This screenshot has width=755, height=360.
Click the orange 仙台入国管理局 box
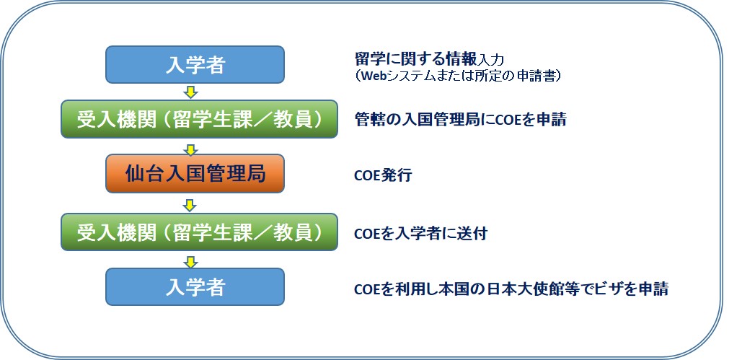tap(195, 173)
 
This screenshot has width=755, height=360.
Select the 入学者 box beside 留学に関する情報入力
tap(195, 65)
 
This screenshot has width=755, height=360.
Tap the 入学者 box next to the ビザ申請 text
tap(195, 286)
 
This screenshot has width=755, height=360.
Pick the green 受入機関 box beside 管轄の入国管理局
tap(199, 119)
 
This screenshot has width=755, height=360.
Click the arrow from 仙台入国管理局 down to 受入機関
tap(190, 206)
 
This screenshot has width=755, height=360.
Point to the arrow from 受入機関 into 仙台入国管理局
tap(190, 149)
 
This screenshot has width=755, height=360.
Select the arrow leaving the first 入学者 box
tap(192, 92)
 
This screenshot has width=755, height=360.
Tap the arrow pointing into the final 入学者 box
tap(192, 262)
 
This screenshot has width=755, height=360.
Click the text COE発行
tap(383, 175)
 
